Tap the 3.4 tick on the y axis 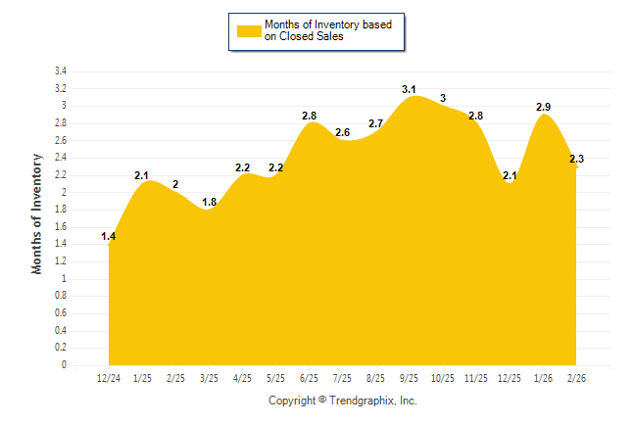pyautogui.click(x=60, y=71)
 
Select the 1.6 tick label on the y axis pyautogui.click(x=60, y=227)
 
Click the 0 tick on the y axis pyautogui.click(x=64, y=365)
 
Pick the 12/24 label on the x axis pyautogui.click(x=109, y=377)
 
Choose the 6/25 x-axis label pyautogui.click(x=309, y=377)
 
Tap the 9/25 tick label pyautogui.click(x=410, y=377)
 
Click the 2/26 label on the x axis pyautogui.click(x=576, y=377)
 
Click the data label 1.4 pyautogui.click(x=109, y=237)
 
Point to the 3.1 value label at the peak pyautogui.click(x=410, y=90)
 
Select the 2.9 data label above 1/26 pyautogui.click(x=544, y=106)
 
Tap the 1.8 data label pyautogui.click(x=210, y=203)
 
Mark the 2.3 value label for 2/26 pyautogui.click(x=576, y=159)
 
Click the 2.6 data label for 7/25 pyautogui.click(x=343, y=132)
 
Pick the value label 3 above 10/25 pyautogui.click(x=443, y=98)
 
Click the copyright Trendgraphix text pyautogui.click(x=343, y=401)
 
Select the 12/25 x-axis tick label pyautogui.click(x=510, y=377)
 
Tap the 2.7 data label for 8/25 pyautogui.click(x=376, y=124)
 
